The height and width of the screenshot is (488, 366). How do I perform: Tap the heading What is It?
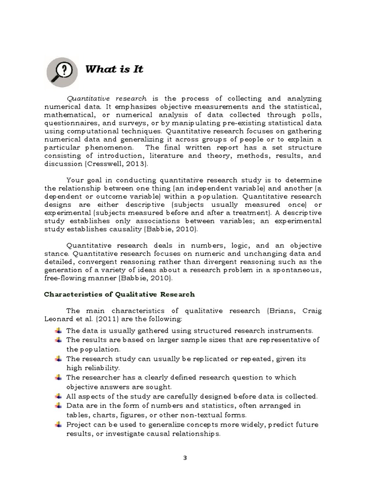tap(114, 69)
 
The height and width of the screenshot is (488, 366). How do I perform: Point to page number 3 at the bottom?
tap(185, 458)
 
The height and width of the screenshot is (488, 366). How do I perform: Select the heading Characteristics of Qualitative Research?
tap(120, 294)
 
